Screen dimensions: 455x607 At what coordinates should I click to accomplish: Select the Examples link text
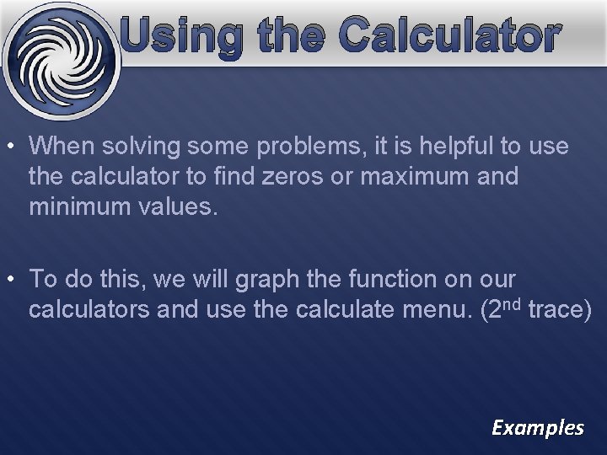[x=538, y=427]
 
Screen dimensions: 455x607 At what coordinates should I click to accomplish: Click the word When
[x=62, y=146]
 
